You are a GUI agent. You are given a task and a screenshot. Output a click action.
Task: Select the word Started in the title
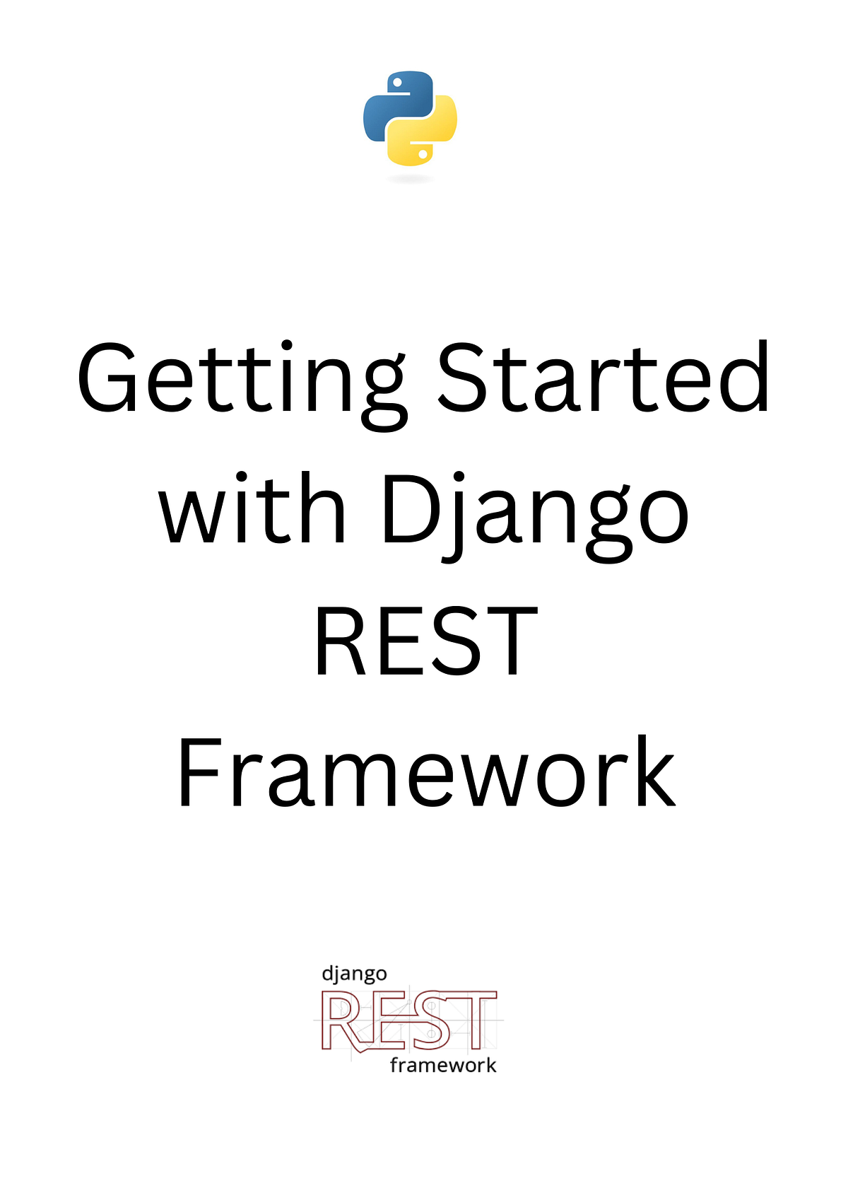click(604, 378)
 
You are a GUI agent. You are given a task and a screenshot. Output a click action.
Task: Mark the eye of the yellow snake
click(423, 153)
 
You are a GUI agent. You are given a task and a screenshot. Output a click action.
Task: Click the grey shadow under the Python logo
click(410, 178)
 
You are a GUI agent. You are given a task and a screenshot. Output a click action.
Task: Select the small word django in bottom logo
click(354, 974)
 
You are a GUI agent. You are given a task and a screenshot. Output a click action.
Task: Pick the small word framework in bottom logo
click(443, 1065)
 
